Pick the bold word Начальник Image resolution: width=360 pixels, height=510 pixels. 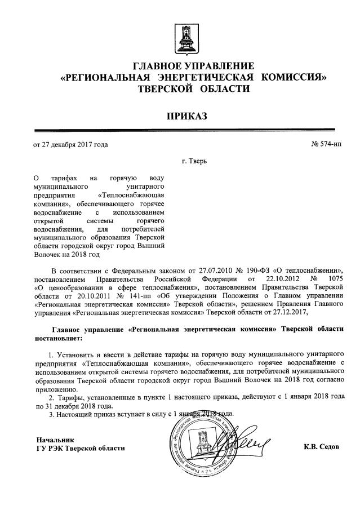[x=55, y=439]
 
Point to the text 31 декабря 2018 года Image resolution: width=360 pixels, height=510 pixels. [x=79, y=406]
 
